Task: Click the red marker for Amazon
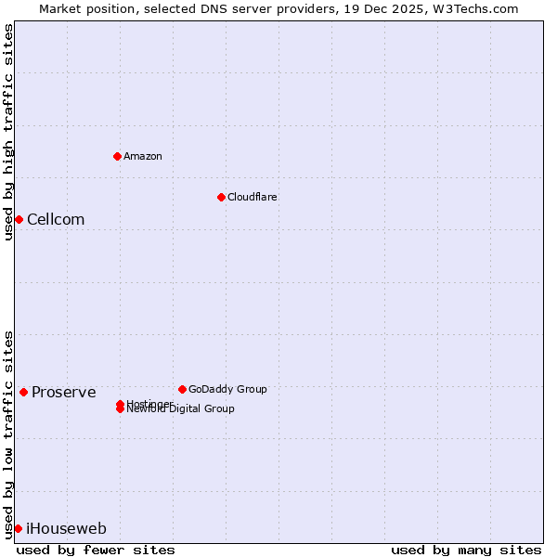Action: click(117, 156)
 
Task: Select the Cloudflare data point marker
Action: click(221, 197)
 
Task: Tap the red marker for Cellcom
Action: click(19, 219)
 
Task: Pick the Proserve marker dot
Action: click(23, 392)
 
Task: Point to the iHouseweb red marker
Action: click(18, 528)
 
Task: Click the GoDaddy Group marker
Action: click(182, 389)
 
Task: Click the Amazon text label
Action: click(143, 156)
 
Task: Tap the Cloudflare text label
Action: click(253, 197)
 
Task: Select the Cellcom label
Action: click(56, 220)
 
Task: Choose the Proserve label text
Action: click(63, 393)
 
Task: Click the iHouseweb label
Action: click(66, 529)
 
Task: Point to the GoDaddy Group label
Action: click(227, 389)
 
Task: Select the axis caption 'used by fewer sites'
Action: click(96, 550)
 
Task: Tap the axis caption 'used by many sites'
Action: click(466, 550)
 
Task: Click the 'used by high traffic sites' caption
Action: click(8, 132)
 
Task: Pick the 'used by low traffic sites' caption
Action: click(8, 434)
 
